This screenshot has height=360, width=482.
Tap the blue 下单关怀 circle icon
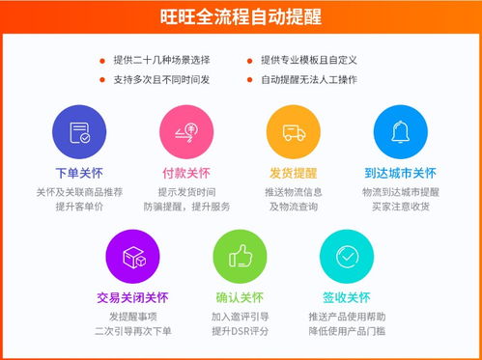(79, 134)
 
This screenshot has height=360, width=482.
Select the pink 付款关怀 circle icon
(185, 134)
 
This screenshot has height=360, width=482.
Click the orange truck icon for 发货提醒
(293, 134)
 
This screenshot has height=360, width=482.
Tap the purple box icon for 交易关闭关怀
(132, 257)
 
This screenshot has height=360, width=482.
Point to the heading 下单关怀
(79, 174)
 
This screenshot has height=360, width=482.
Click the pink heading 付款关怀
(185, 174)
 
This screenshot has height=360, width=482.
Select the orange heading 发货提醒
(293, 174)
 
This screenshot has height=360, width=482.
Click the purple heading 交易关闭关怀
(132, 297)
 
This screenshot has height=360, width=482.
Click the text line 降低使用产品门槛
(347, 331)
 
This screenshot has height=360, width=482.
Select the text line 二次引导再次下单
(132, 331)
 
